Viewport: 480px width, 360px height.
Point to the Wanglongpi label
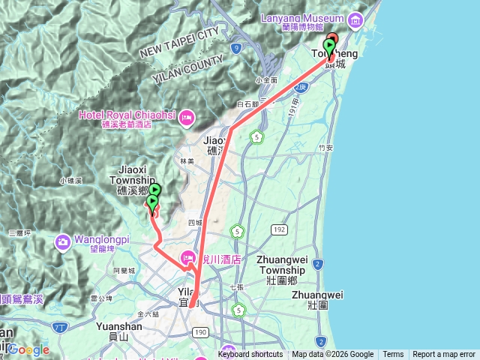pos(102,240)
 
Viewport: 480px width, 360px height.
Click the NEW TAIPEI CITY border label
pos(178,42)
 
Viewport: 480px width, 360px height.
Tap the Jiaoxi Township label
pos(132,184)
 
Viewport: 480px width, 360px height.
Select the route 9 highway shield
pos(236,48)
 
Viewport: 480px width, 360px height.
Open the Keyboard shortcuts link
pos(250,355)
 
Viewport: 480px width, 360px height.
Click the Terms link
pos(393,355)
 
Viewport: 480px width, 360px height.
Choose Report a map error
pos(444,355)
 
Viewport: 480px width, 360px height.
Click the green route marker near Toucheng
pos(328,46)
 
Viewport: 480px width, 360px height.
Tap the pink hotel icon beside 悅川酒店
pos(187,259)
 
